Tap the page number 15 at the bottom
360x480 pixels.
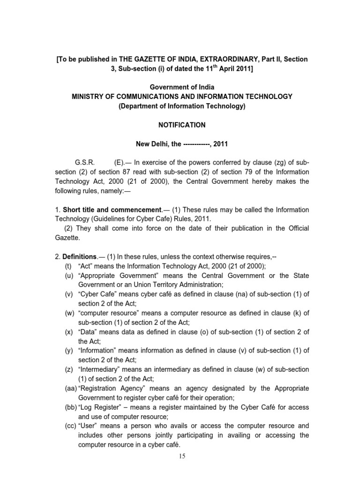click(182, 457)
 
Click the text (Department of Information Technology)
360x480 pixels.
click(182, 106)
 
